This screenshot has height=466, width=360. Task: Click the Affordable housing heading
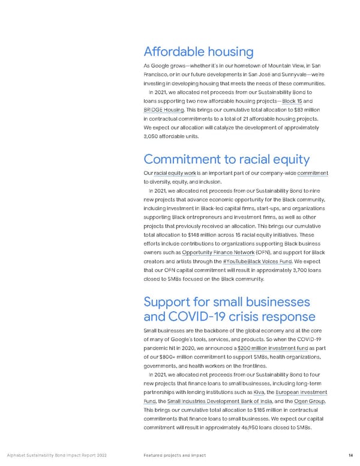(x=198, y=52)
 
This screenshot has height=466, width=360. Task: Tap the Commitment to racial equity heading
(x=227, y=159)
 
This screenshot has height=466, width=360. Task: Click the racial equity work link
(x=176, y=174)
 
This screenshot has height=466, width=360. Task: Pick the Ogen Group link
(x=311, y=403)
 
